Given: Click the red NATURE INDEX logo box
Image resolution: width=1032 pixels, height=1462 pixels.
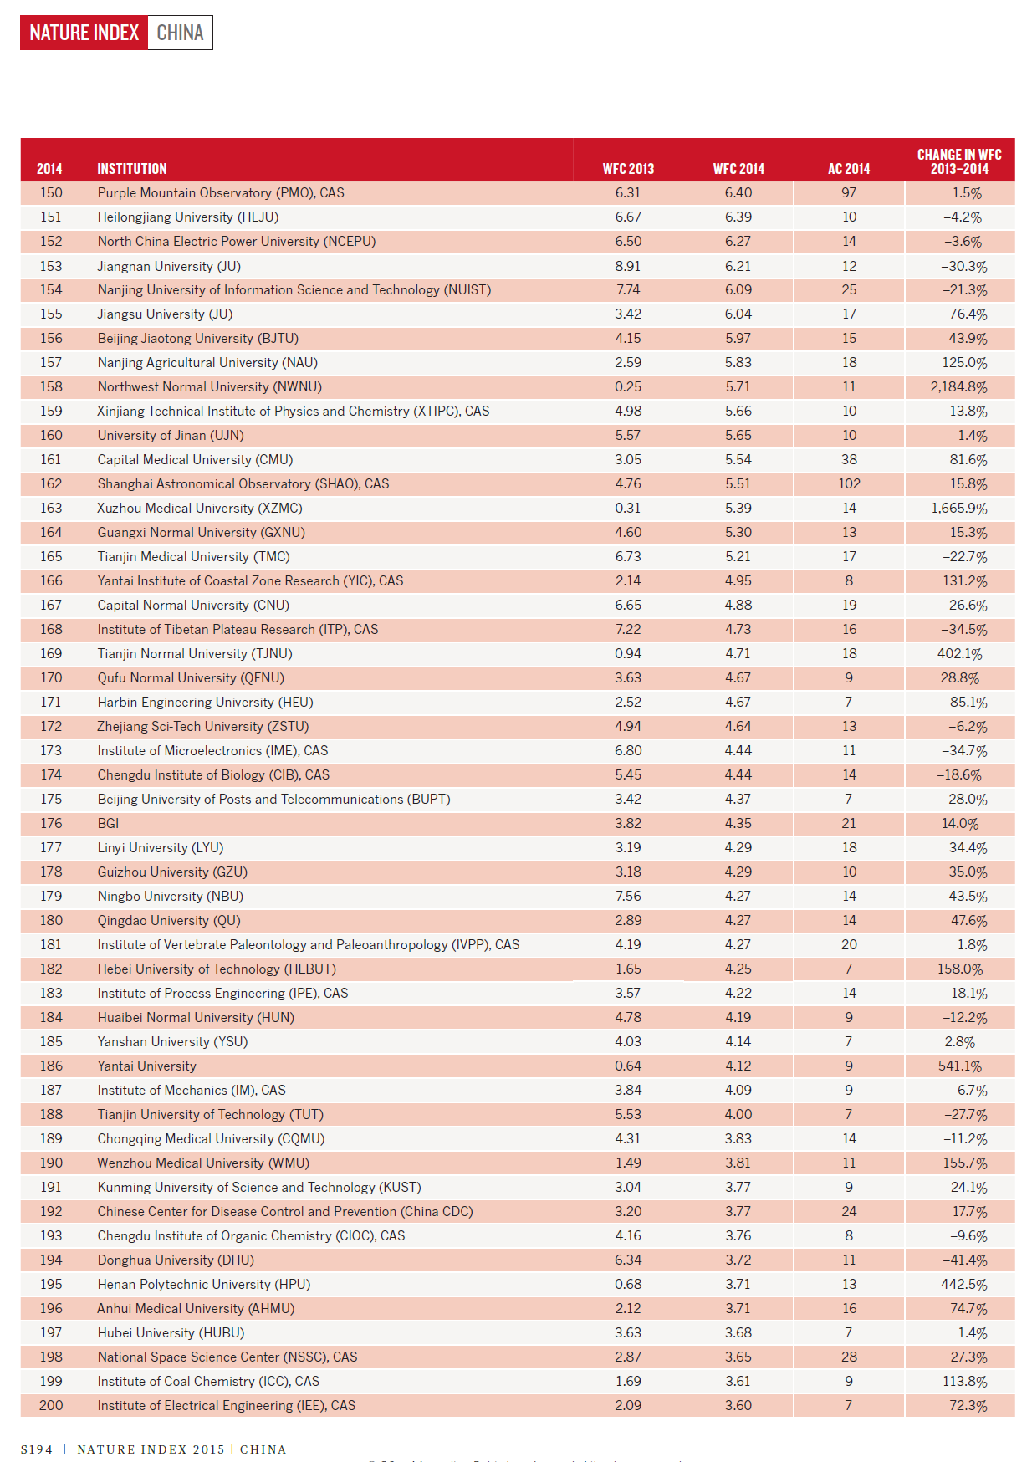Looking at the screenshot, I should [x=84, y=33].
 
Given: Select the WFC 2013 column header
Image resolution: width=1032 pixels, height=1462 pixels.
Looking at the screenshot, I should [x=628, y=169].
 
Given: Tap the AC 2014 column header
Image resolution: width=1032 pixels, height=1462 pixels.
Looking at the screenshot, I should [x=849, y=169].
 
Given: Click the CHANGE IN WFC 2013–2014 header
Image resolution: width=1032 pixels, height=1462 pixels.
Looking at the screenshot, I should [x=959, y=161].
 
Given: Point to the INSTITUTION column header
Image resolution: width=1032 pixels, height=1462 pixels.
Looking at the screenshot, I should [x=131, y=169].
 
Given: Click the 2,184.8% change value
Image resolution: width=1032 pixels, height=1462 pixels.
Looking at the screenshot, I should [x=958, y=387].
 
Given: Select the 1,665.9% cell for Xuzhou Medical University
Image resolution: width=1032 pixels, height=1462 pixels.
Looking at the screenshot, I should [x=958, y=509].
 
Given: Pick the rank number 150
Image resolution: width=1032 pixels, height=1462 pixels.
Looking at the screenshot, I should [x=51, y=193].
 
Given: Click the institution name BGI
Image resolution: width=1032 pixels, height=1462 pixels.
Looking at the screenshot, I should [x=108, y=824].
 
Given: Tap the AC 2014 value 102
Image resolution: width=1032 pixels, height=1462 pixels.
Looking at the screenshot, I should [x=849, y=484].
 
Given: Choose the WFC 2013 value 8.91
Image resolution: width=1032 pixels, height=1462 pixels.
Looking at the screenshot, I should [x=628, y=266].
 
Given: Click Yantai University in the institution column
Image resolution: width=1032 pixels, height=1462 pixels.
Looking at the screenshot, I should [x=146, y=1066].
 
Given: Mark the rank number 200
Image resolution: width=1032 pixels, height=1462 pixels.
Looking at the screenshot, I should [x=51, y=1406].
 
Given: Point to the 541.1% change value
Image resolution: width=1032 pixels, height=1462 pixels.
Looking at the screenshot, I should [x=960, y=1066].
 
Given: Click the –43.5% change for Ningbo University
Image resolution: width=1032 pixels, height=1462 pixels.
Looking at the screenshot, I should [x=964, y=897].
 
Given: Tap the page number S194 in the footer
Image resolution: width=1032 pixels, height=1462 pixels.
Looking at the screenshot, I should [x=37, y=1449].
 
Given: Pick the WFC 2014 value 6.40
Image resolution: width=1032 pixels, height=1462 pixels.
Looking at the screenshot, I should [x=738, y=193].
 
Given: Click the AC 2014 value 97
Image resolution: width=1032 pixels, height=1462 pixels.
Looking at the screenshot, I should [x=849, y=193].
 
